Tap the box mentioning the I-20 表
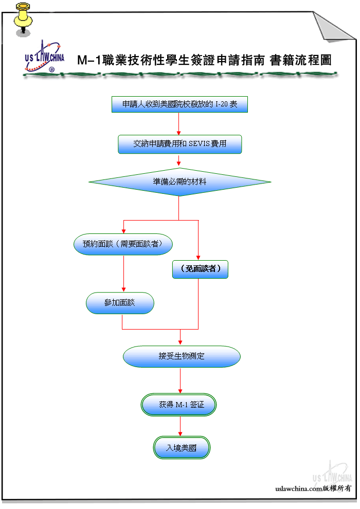coord(179,104)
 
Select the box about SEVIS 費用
coord(179,144)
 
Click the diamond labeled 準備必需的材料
coord(179,182)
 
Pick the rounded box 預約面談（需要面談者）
coord(123,244)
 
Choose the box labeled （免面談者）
coord(200,269)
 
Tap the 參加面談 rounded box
coord(120,303)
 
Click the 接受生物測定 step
coord(182,356)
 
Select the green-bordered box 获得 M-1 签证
coord(179,405)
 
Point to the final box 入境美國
coord(182,448)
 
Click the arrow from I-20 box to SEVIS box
coord(179,124)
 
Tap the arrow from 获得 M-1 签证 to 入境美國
coord(181,426)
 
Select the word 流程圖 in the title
coord(313,60)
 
